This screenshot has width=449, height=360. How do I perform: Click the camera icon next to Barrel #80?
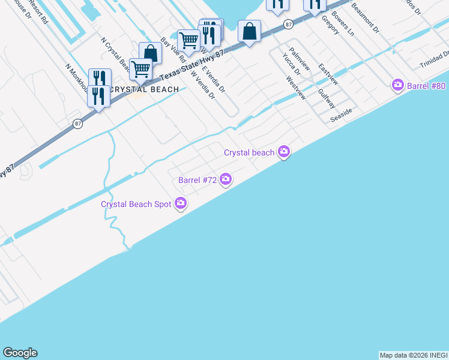(x=397, y=86)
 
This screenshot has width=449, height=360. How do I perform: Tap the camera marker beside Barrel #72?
(x=226, y=179)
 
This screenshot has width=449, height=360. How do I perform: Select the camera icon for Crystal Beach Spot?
(x=180, y=204)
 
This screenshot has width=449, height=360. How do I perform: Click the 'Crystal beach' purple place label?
(x=249, y=152)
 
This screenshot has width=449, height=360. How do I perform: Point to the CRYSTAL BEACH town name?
(x=145, y=89)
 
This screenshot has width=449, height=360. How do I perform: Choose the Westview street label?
(x=295, y=88)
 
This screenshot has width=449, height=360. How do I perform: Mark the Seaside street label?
(x=341, y=115)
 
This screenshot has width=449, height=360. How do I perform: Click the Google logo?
(x=20, y=353)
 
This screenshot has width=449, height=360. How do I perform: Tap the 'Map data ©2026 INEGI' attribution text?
(x=413, y=355)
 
